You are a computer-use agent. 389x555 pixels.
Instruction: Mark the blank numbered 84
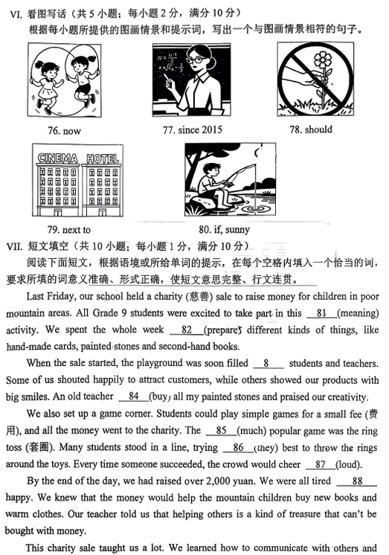pos(134,396)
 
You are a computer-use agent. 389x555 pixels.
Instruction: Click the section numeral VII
pos(15,246)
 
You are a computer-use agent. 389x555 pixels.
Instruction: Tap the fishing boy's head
pos(216,171)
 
